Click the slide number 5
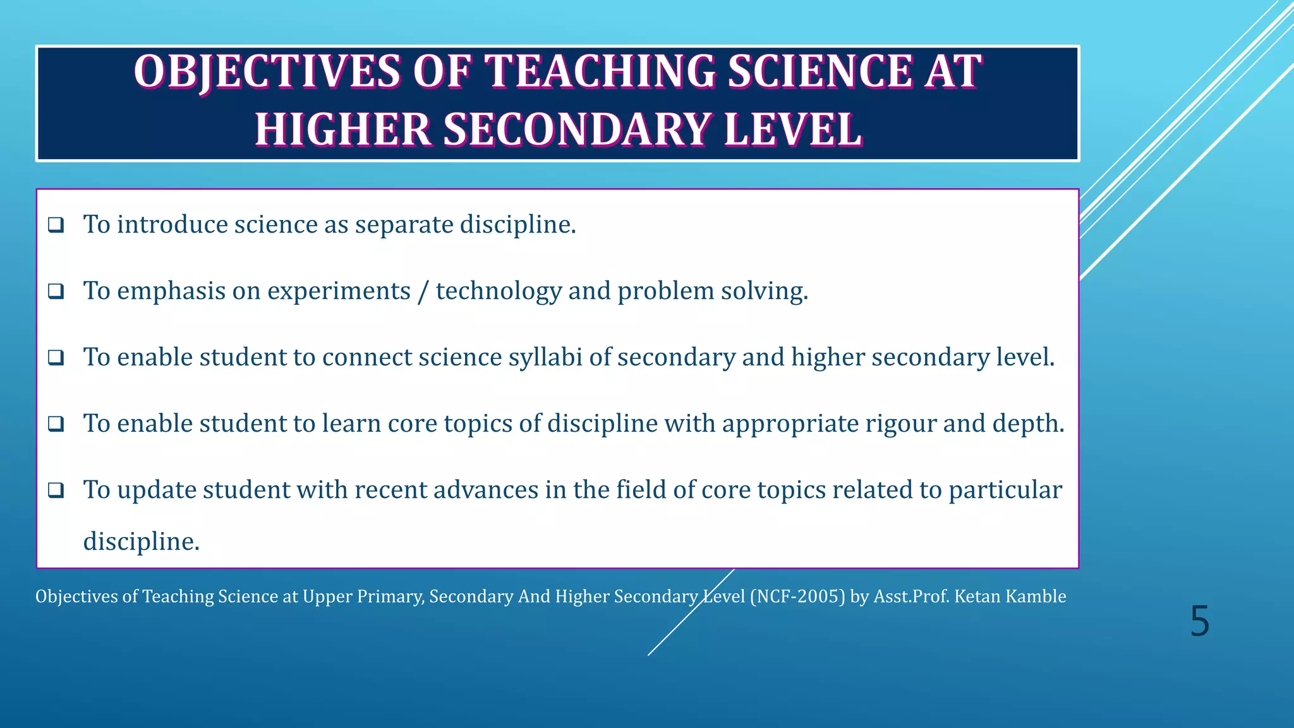coord(1199,622)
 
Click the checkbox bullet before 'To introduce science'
coord(56,225)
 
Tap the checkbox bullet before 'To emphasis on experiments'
coord(56,291)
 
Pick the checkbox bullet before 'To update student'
coord(56,490)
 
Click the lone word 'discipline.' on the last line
coord(142,542)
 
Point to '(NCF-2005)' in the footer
coord(797,597)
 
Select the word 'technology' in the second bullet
coord(499,291)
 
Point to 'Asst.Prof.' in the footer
coord(911,597)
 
